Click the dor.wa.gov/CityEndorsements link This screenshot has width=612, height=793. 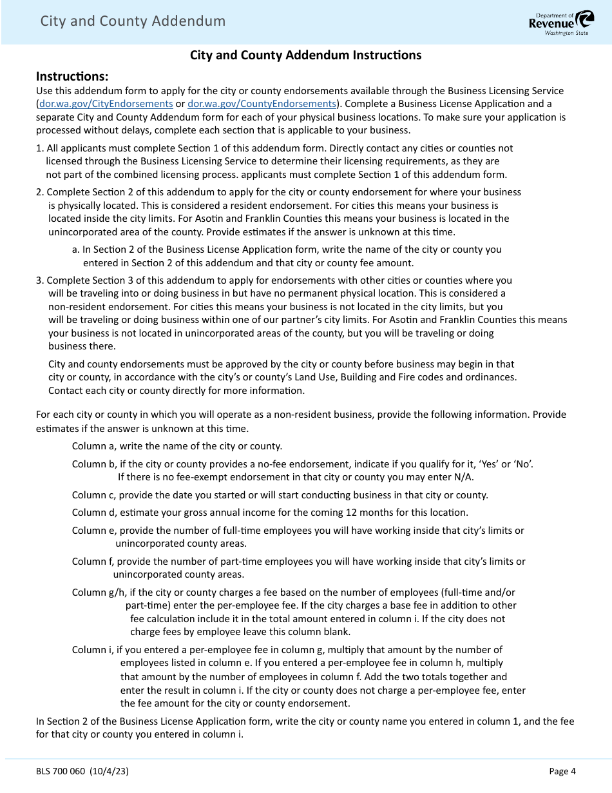point(106,103)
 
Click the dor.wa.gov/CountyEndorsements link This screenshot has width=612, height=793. point(262,103)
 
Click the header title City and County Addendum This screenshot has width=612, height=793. point(133,21)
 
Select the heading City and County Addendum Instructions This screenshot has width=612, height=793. point(305,55)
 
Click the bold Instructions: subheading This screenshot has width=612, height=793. point(72,76)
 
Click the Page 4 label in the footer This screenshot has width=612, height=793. point(562,770)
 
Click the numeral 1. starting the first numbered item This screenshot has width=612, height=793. point(40,148)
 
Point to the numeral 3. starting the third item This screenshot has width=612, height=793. point(40,280)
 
